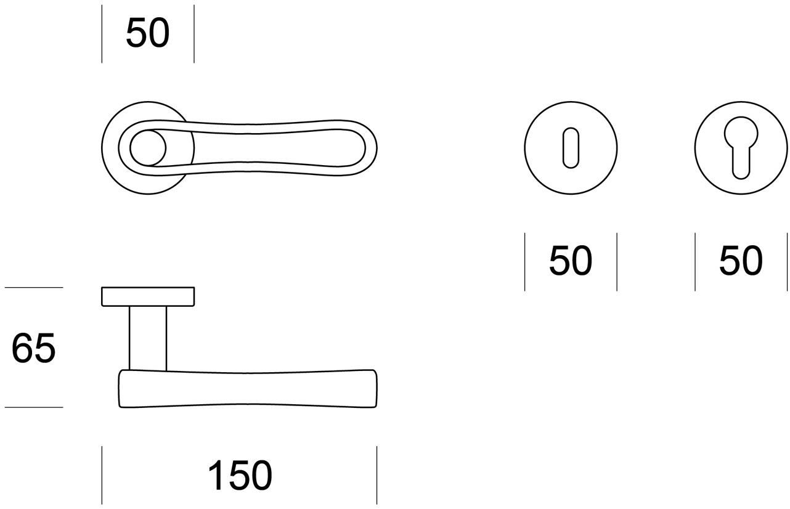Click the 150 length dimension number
click(x=240, y=476)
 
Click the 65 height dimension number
click(x=34, y=348)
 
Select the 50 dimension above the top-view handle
click(x=147, y=33)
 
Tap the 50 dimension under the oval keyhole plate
click(x=571, y=261)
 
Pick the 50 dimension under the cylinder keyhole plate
click(x=741, y=261)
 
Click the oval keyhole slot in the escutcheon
click(x=571, y=148)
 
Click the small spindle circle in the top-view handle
click(x=148, y=149)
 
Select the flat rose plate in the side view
click(x=148, y=296)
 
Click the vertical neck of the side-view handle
click(x=148, y=338)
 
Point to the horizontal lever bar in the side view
click(x=246, y=389)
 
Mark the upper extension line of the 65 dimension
click(x=34, y=287)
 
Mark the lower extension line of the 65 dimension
click(x=34, y=407)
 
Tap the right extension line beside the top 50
click(x=193, y=33)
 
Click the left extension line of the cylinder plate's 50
click(x=695, y=261)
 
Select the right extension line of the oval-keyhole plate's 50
click(x=617, y=261)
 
